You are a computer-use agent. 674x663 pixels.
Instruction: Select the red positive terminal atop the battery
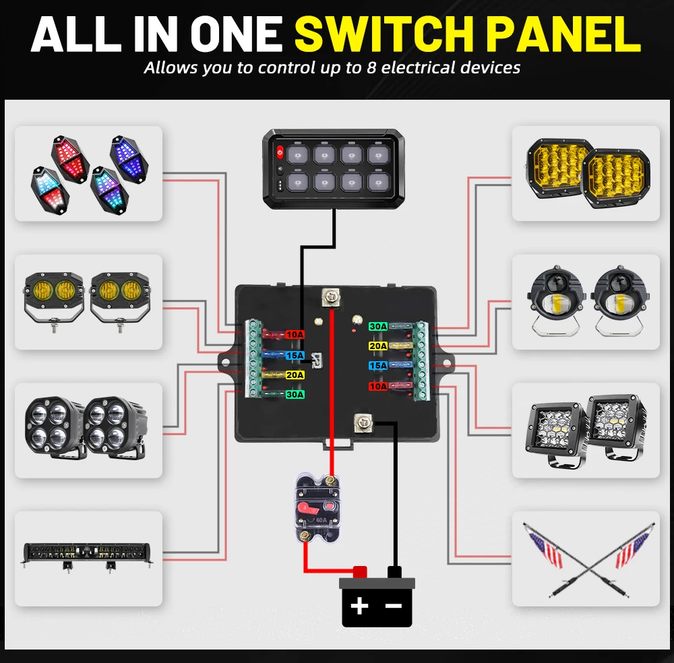(359, 571)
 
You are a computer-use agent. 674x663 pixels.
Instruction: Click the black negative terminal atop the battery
(394, 572)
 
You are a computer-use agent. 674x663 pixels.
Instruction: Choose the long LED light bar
(88, 552)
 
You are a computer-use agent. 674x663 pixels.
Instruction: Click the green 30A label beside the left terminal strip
(294, 394)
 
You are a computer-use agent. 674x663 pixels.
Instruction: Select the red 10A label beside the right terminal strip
(377, 386)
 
